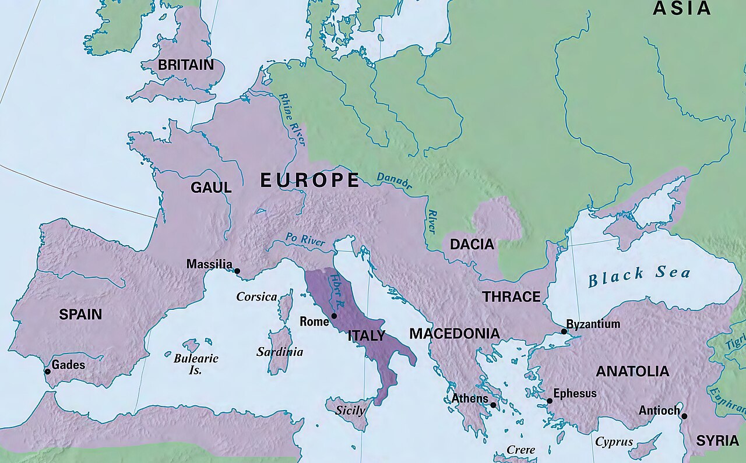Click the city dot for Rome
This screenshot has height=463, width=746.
tap(334, 316)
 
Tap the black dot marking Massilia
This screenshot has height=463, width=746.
tap(237, 271)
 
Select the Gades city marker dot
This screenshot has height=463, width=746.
tap(47, 372)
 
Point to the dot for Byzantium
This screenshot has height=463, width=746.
tap(564, 331)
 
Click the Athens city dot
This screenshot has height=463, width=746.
tap(493, 405)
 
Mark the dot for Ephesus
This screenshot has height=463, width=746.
tap(549, 401)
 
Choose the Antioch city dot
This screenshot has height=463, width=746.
tap(684, 416)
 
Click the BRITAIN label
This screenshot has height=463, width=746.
tap(186, 65)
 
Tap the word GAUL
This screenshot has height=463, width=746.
tap(211, 188)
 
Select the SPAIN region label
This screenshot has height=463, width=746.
tap(80, 314)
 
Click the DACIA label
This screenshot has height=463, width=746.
tap(472, 245)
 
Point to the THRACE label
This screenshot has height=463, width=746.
tap(511, 297)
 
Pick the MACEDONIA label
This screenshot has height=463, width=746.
tap(454, 334)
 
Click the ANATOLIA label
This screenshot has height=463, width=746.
tap(632, 372)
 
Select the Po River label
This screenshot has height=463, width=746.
tap(305, 240)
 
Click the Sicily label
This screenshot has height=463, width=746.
tap(350, 410)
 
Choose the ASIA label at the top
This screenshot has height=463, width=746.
tap(681, 8)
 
